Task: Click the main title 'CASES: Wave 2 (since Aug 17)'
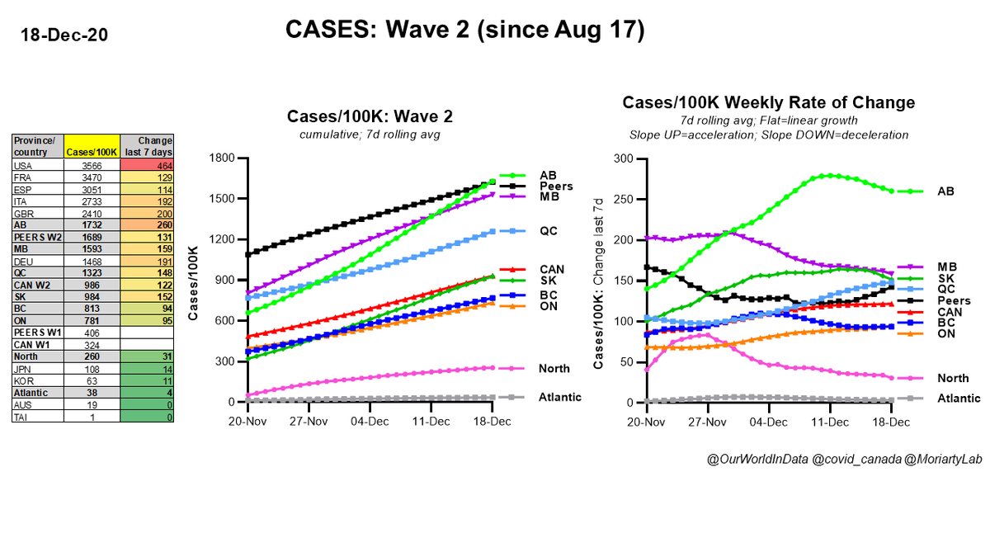pyautogui.click(x=464, y=30)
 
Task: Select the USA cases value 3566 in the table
pyautogui.click(x=92, y=166)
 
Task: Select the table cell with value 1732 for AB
pyautogui.click(x=92, y=223)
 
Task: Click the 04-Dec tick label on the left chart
pyautogui.click(x=370, y=420)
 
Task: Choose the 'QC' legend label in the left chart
pyautogui.click(x=549, y=232)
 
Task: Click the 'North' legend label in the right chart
pyautogui.click(x=953, y=378)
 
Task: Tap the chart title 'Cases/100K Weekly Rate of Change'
pyautogui.click(x=768, y=103)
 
